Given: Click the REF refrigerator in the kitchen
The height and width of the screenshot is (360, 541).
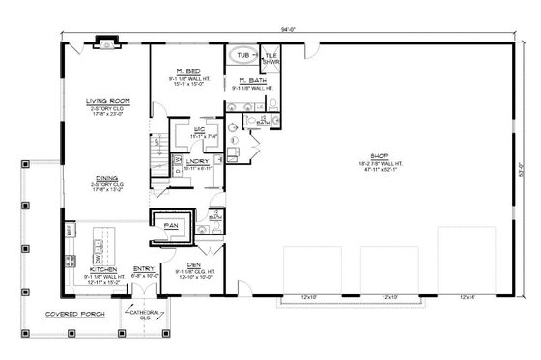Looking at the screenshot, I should click(70, 231).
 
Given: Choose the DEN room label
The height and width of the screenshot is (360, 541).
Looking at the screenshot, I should click(194, 263).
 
